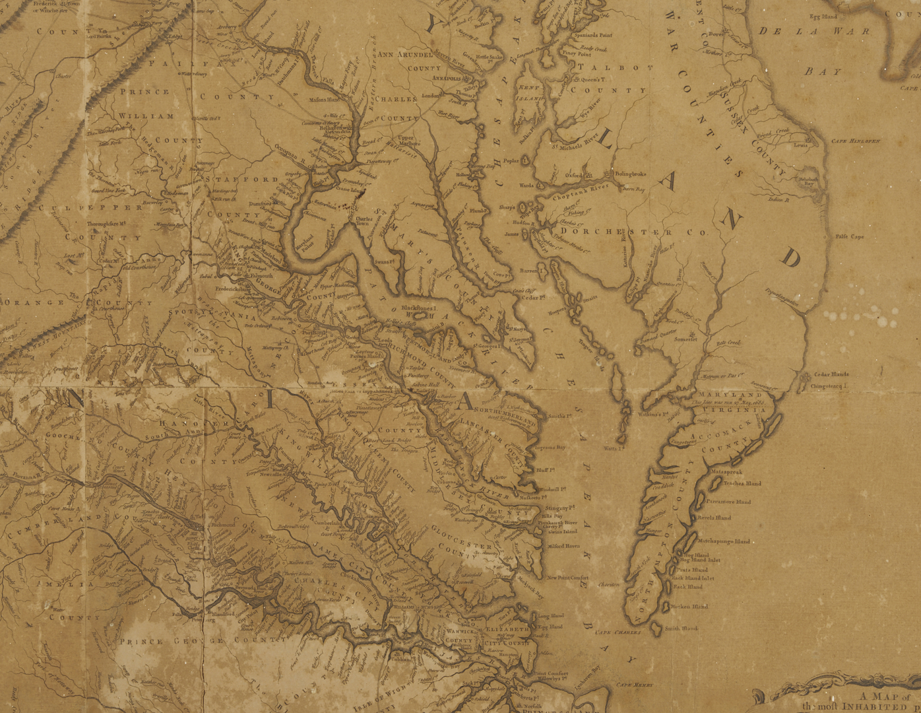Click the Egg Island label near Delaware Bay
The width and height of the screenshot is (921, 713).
click(x=825, y=17)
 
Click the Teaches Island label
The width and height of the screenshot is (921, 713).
click(x=742, y=483)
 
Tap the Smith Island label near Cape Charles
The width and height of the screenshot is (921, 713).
click(x=681, y=628)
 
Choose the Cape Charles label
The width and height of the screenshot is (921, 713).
click(x=618, y=632)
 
